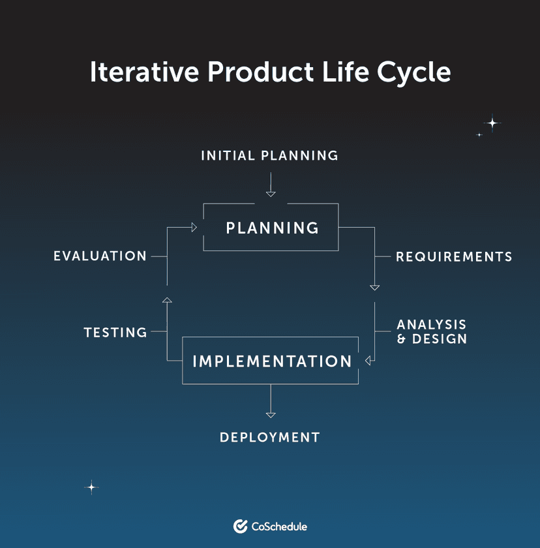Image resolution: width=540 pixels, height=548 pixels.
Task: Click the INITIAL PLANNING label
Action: (x=269, y=155)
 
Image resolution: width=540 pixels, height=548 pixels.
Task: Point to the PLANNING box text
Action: (x=272, y=228)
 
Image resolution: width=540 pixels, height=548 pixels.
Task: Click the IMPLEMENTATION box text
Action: (x=272, y=361)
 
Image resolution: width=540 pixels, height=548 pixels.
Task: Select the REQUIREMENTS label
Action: (x=454, y=256)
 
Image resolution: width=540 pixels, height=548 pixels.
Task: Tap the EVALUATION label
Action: (x=100, y=256)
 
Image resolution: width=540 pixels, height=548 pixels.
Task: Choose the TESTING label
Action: (x=115, y=333)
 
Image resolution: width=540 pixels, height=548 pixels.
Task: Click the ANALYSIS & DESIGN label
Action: (x=432, y=331)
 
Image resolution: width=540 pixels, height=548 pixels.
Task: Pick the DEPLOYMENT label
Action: (x=270, y=437)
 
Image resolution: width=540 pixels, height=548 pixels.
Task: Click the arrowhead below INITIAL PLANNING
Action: (x=271, y=194)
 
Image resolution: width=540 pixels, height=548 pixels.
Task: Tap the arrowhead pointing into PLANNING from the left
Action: (x=194, y=227)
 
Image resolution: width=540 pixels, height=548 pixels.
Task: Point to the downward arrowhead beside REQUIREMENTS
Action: (x=374, y=287)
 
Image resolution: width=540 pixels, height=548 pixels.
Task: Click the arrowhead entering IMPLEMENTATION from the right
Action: (x=368, y=361)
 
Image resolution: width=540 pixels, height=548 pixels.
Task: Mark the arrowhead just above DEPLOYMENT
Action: (x=271, y=414)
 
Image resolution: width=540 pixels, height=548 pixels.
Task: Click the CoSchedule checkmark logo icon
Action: (x=240, y=526)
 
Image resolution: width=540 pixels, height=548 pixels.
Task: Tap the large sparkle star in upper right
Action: (x=492, y=123)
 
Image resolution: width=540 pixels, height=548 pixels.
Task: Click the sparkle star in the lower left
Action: (x=92, y=487)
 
